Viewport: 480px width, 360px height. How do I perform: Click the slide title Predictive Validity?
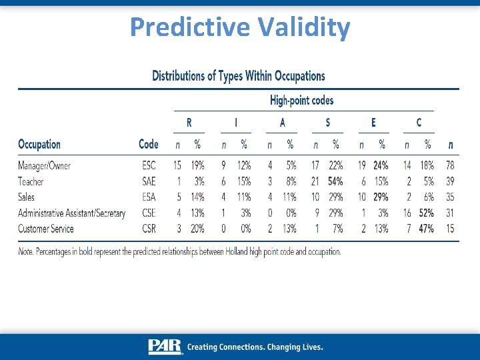tap(240, 27)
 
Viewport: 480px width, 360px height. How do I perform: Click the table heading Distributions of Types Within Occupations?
tap(239, 75)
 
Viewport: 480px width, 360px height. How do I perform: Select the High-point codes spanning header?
tap(301, 101)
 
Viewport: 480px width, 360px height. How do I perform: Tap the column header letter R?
tap(189, 123)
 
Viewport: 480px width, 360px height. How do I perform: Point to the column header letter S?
tap(327, 123)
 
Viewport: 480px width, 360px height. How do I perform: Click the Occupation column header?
tap(39, 144)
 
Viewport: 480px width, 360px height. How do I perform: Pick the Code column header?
tap(148, 144)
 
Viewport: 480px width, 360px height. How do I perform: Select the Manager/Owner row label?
tap(44, 165)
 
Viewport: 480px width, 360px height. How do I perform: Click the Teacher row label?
tap(31, 181)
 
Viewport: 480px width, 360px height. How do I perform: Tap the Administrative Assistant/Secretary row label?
tap(71, 213)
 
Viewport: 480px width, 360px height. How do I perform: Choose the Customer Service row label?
tap(46, 229)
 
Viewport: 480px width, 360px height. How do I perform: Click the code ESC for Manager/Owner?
tap(149, 165)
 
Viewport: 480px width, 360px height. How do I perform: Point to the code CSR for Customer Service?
tap(149, 229)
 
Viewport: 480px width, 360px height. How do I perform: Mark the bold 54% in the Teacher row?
tap(335, 181)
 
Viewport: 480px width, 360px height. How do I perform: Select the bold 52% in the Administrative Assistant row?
tap(427, 213)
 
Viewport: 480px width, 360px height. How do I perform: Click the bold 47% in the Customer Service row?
tap(427, 229)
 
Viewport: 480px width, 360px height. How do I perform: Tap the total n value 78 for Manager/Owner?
tap(450, 165)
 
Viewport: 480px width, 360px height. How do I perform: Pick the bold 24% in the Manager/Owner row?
tap(381, 165)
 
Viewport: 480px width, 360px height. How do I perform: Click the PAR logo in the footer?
tap(165, 347)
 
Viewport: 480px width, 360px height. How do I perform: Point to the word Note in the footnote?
tap(26, 251)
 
